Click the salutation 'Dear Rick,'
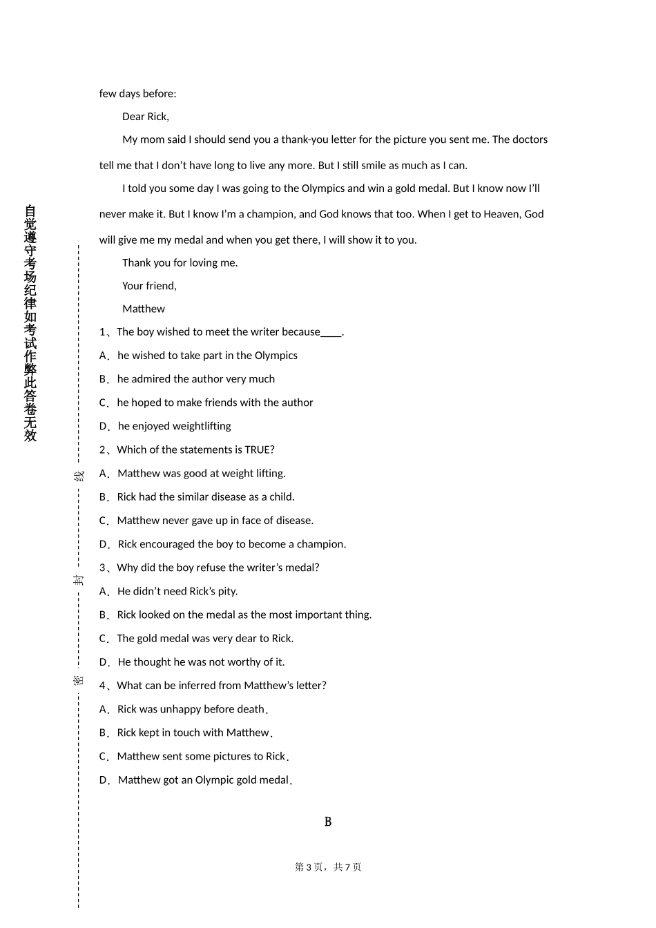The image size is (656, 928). [145, 117]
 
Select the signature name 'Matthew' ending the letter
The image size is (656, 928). [144, 309]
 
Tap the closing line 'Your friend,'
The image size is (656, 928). [149, 286]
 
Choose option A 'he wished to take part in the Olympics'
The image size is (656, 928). [207, 356]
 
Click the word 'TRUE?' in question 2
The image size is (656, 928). [260, 450]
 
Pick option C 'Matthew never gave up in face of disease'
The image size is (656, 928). [215, 521]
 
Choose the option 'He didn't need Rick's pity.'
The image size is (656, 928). [177, 592]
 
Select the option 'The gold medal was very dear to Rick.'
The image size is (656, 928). [205, 639]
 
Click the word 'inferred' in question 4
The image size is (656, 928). [200, 686]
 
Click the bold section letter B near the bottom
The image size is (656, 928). [328, 822]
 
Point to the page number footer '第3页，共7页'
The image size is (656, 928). [328, 867]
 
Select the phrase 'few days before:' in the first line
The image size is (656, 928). [137, 94]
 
